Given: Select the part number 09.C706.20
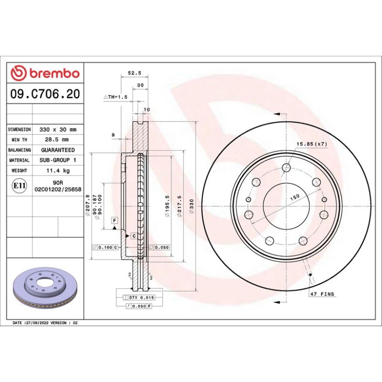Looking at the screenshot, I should coord(45,94).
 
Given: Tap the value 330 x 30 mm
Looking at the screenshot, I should coord(58,129).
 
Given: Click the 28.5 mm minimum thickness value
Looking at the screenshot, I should coord(58,139).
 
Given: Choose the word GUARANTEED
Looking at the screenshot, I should coord(58,150).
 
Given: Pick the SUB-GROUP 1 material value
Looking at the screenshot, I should coord(58,160).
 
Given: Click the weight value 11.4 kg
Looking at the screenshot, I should coord(58,170).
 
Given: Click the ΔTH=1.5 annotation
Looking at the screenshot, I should coord(116,97).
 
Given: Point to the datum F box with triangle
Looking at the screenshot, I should coord(115,220).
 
